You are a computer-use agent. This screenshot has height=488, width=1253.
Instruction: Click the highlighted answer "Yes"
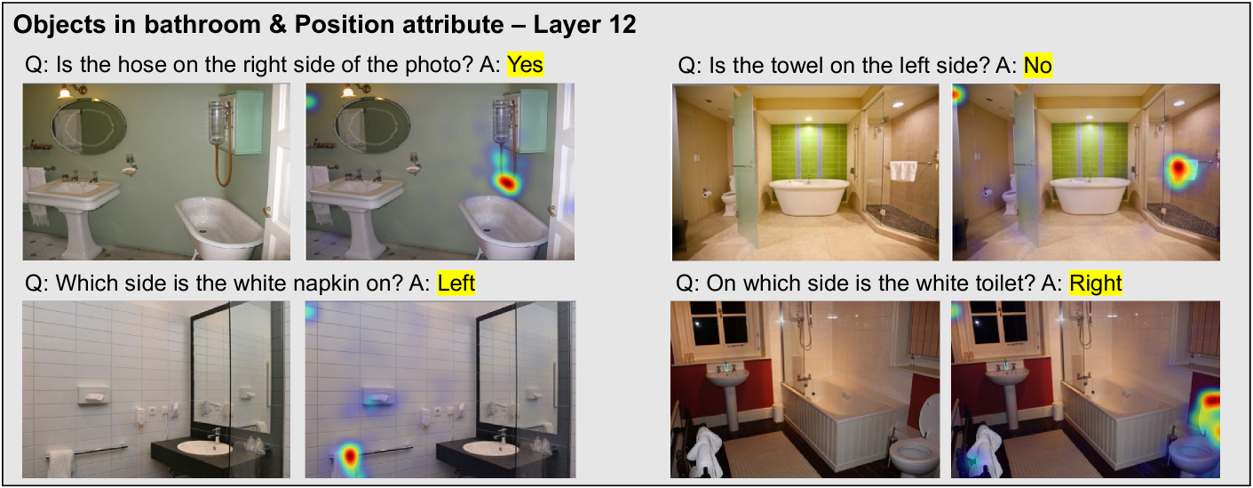[x=525, y=65]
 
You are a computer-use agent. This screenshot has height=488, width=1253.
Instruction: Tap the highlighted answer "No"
[x=1037, y=66]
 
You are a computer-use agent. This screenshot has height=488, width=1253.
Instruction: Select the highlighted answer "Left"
[x=456, y=284]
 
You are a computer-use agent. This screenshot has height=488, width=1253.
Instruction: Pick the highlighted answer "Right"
[x=1096, y=284]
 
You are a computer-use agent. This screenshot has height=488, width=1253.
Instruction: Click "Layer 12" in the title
[x=584, y=25]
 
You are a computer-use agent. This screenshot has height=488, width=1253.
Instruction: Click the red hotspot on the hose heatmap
[x=505, y=182]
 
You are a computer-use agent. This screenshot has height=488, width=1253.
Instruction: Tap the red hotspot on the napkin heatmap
[x=350, y=457]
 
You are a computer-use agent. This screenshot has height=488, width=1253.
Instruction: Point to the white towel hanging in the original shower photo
[x=903, y=171]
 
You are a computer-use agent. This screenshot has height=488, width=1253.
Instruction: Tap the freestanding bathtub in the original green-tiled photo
[x=809, y=196]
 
